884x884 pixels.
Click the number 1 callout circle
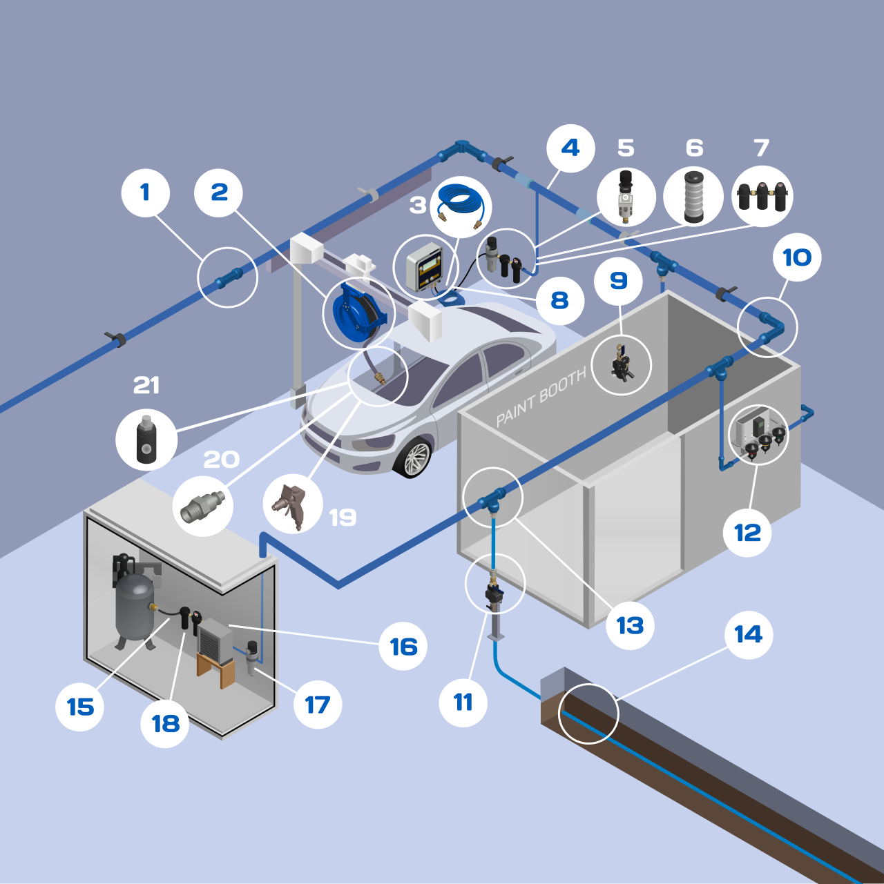(145, 193)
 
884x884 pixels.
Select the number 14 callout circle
(749, 634)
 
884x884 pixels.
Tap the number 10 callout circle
(797, 257)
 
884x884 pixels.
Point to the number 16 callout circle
(403, 647)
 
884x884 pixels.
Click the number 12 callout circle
(747, 533)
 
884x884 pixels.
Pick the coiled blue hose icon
(461, 205)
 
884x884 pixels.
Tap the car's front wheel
(414, 458)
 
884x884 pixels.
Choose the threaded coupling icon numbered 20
(202, 506)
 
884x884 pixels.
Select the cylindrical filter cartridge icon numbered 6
(693, 197)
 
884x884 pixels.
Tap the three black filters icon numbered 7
(762, 196)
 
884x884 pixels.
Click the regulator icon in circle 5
(626, 197)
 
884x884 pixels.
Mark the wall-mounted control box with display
(424, 268)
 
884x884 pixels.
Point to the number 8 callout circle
(559, 300)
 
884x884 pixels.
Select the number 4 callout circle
(570, 148)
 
